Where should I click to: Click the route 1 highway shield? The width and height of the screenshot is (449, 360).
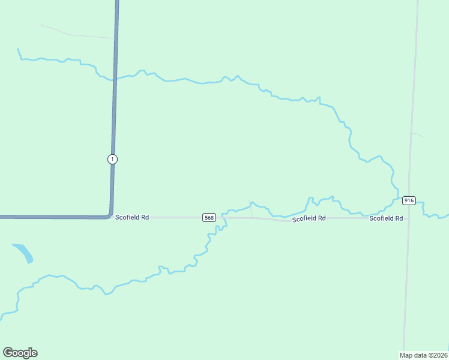[x=112, y=159]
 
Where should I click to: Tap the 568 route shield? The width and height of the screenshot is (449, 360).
[x=209, y=217]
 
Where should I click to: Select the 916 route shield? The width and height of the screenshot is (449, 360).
[x=409, y=200]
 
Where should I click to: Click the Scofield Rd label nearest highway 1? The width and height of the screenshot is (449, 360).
[x=132, y=217]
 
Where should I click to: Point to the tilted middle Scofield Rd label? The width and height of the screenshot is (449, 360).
[x=309, y=219]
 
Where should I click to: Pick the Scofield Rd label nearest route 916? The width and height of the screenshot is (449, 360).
[x=386, y=218]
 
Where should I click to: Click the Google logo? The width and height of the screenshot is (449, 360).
[x=20, y=353]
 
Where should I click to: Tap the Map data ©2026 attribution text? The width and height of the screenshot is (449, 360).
[x=424, y=355]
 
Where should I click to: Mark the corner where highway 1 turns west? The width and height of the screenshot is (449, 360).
[x=110, y=215]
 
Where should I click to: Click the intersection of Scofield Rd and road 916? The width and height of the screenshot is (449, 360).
[x=408, y=218]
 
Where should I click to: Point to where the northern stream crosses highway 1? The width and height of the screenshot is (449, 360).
[x=114, y=79]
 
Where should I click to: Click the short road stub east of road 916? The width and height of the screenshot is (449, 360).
[x=418, y=134]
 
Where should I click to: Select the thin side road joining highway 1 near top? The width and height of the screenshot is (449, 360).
[x=78, y=35]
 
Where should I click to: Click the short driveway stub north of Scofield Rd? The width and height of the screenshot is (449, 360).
[x=251, y=208]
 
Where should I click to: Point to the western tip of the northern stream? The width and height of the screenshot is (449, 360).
[x=19, y=49]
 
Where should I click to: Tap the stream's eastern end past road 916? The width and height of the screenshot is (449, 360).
[x=447, y=214]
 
